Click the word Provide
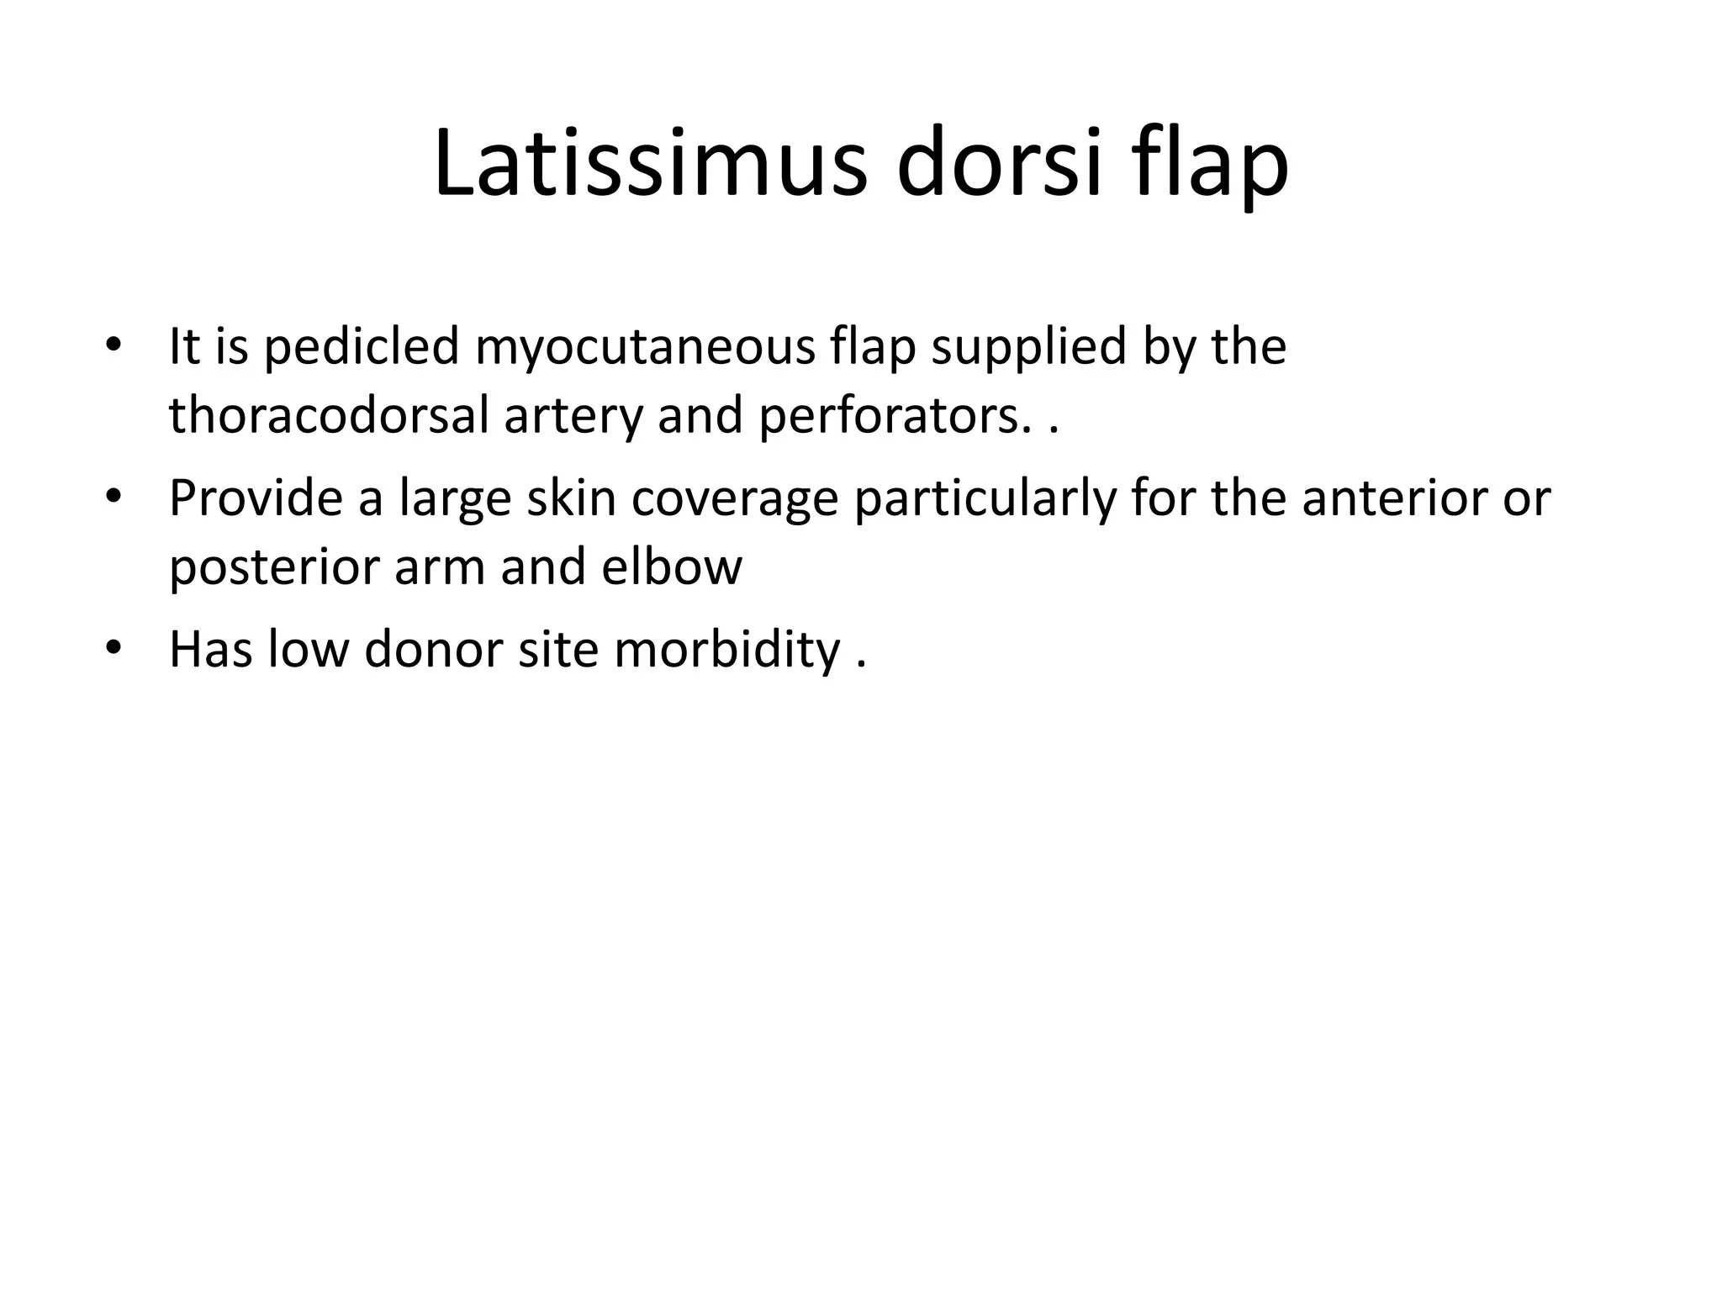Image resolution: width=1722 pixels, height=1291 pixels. click(x=256, y=498)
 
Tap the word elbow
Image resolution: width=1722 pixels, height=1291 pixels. click(x=672, y=567)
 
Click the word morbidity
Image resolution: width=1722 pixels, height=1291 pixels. click(x=727, y=650)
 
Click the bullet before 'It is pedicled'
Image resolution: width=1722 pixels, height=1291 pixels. click(x=114, y=347)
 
